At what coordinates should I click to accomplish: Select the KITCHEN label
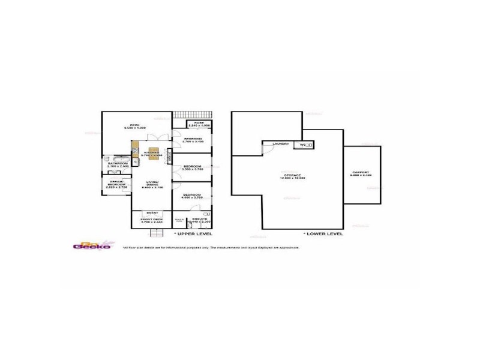pos(152,154)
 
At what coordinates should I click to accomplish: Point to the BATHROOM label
pos(118,164)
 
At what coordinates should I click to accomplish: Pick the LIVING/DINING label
pos(152,183)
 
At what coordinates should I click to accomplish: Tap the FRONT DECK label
pos(152,220)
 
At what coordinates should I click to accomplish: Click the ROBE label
pos(199,123)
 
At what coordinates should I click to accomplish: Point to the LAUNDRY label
pos(280,144)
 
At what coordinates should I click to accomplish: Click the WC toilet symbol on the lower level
pos(306,145)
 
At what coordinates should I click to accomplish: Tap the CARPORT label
pos(361,173)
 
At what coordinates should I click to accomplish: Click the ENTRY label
pos(152,212)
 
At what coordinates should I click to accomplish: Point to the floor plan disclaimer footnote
pos(210,247)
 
